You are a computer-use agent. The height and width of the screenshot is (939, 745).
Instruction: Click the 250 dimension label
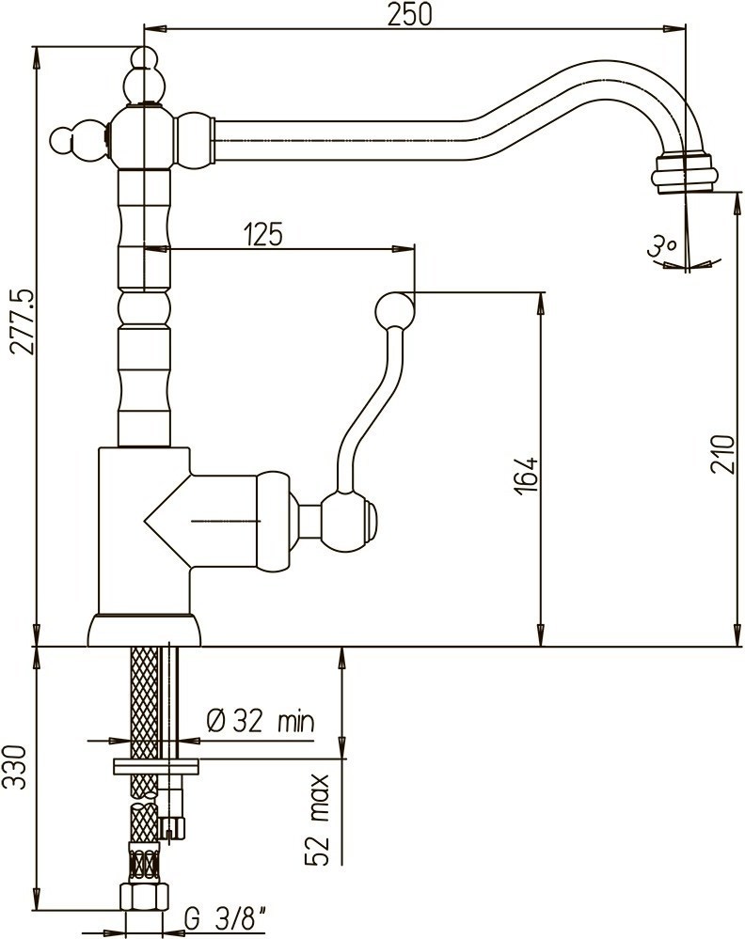coord(409,14)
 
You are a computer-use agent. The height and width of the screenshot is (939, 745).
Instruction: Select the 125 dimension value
coord(262,234)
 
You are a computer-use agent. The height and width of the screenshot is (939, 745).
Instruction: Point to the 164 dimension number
coord(526,477)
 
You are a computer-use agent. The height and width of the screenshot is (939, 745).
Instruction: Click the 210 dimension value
coord(722,455)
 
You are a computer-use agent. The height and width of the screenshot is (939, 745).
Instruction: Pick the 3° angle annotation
coord(661,246)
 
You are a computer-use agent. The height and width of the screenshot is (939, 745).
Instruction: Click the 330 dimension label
coord(14,767)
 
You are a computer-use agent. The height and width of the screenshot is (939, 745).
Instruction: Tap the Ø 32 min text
coord(261,721)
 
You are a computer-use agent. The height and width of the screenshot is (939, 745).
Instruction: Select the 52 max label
coord(317,821)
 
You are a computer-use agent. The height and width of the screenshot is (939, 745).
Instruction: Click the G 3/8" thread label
coord(225,918)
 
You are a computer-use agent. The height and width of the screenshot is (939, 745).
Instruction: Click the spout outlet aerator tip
coord(683,174)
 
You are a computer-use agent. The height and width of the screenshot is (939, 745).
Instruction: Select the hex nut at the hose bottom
coord(144,897)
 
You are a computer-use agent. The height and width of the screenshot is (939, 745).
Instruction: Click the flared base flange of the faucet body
coord(144,630)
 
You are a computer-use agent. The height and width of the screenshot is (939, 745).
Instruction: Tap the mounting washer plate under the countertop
coord(156,767)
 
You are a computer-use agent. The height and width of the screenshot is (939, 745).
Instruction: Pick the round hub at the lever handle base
coord(348,519)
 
